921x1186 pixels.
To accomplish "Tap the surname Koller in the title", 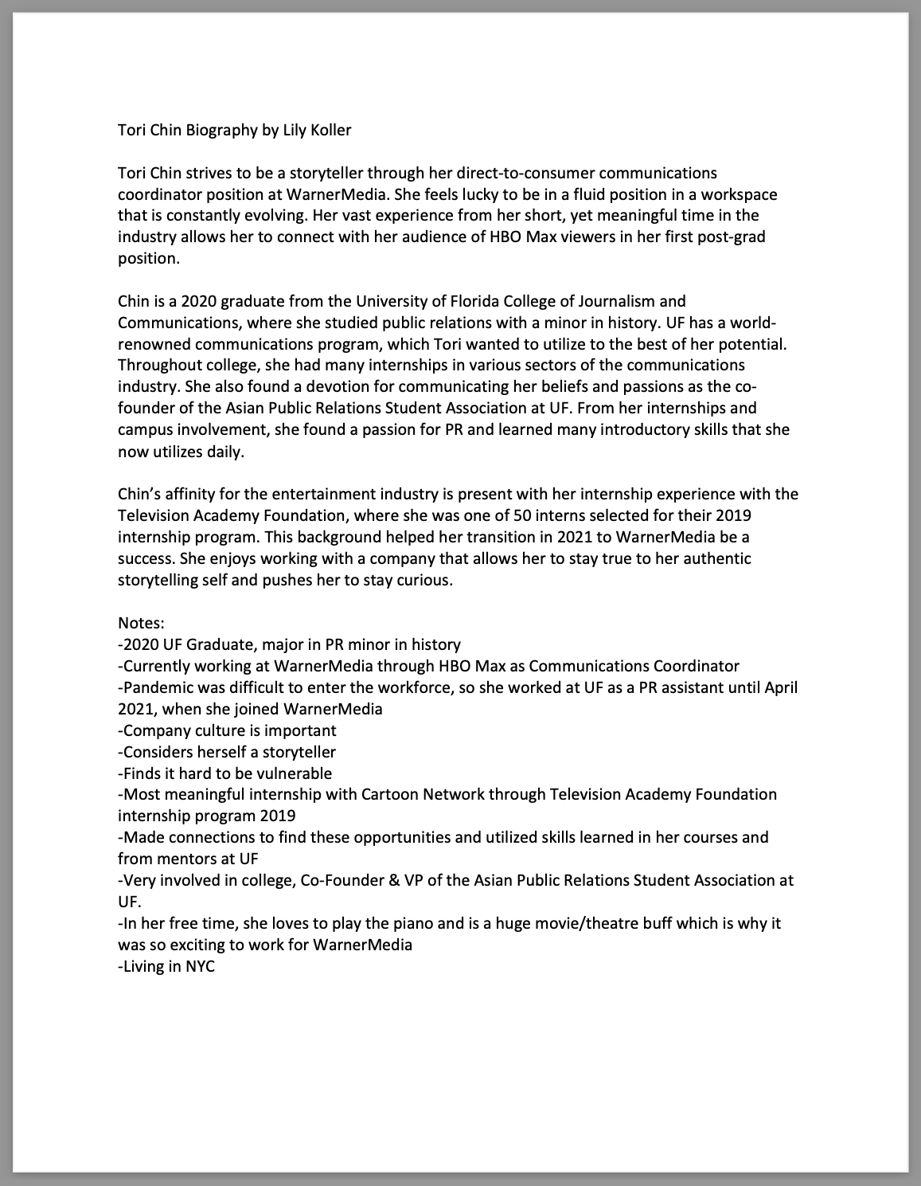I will coord(331,130).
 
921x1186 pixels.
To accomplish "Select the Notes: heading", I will coord(141,623).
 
